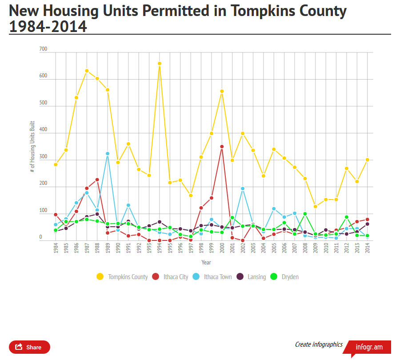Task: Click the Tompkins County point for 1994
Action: click(159, 64)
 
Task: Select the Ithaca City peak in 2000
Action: click(222, 147)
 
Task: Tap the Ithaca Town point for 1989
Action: click(108, 154)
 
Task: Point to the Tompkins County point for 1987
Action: click(87, 71)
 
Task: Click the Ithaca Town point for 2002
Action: click(243, 188)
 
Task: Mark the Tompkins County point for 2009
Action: click(316, 207)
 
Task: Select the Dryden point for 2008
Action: click(305, 214)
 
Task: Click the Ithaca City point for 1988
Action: click(97, 180)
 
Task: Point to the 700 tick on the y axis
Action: click(43, 52)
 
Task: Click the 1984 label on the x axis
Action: click(56, 248)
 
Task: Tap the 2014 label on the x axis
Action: click(368, 248)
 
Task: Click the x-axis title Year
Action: click(206, 263)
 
